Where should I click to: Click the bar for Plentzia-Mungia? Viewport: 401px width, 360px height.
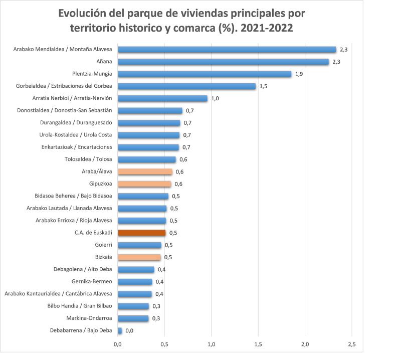click(x=205, y=74)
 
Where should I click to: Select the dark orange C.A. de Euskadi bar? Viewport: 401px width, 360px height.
click(x=141, y=233)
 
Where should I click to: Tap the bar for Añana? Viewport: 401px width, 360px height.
click(x=223, y=62)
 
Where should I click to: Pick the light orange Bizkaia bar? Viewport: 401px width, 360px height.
click(x=139, y=257)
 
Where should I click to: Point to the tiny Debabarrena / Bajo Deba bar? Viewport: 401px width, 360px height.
click(x=120, y=330)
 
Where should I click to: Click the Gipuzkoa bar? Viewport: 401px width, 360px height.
click(x=144, y=184)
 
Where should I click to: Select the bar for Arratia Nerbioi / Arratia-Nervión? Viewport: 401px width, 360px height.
click(x=162, y=98)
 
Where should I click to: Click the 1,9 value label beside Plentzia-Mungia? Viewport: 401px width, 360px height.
click(x=299, y=74)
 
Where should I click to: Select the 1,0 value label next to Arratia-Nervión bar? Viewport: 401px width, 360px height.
click(x=215, y=99)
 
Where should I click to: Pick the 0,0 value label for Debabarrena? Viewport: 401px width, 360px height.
click(x=129, y=331)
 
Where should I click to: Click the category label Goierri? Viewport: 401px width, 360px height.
click(x=103, y=245)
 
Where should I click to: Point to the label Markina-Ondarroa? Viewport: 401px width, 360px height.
click(x=89, y=318)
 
